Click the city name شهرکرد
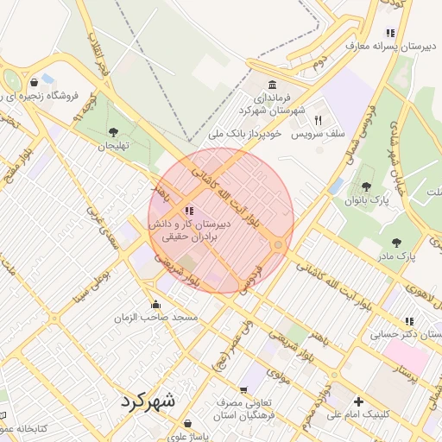148,401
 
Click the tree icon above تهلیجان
113,132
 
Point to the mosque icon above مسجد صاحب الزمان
155,304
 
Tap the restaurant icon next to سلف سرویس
319,120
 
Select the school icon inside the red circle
189,211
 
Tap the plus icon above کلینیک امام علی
358,401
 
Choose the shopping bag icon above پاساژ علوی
189,424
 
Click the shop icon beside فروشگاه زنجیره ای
34,83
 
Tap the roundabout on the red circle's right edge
278,246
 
